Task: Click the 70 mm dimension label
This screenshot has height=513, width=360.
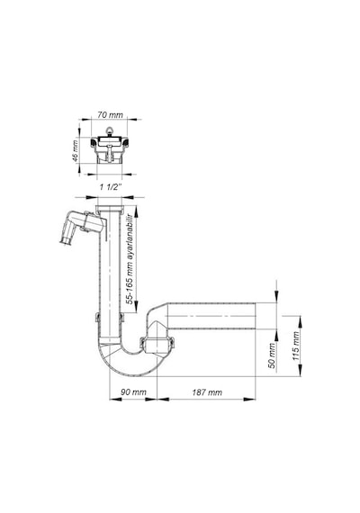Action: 110,115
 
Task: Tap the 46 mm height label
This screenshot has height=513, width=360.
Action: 75,150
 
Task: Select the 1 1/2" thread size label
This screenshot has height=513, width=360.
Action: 111,187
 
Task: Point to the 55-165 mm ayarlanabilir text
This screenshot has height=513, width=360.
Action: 130,258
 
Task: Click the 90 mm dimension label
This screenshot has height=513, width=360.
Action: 133,391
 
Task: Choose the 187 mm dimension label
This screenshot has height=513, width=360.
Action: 207,392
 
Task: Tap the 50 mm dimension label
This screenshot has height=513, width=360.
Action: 272,355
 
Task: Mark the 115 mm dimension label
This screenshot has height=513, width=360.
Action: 296,346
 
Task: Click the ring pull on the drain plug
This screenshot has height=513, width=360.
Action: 110,131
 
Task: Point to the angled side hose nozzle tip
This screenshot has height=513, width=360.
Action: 65,241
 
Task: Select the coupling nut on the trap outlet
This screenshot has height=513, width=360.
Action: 157,344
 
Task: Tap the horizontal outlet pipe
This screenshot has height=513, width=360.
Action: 211,316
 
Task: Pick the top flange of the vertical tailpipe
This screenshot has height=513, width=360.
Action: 110,208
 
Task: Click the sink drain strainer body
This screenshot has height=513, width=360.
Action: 110,149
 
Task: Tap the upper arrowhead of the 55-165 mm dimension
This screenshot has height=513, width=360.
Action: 136,211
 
